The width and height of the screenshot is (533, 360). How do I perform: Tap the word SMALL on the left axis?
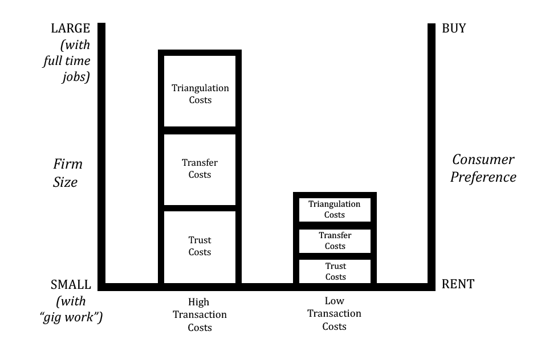tap(71, 284)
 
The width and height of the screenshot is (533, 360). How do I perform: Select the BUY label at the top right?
tap(454, 28)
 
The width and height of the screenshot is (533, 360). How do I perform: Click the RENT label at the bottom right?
tap(457, 284)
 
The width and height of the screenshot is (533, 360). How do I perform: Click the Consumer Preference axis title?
tap(483, 168)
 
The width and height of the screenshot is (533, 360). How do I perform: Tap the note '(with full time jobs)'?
tap(67, 62)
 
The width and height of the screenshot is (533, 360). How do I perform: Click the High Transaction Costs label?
tap(200, 314)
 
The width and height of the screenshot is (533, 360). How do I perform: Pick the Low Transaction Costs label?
tap(334, 313)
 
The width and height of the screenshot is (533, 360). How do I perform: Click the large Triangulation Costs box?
tap(200, 91)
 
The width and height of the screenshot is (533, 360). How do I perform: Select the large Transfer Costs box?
tap(200, 170)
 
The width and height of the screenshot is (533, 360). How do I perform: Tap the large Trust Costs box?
tap(200, 247)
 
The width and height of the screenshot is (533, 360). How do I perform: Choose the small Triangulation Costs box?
tap(335, 210)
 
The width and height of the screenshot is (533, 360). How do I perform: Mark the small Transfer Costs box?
tap(335, 241)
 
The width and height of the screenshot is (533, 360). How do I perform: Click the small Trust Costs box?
tap(335, 271)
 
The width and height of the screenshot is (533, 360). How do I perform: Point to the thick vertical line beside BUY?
tap(432, 154)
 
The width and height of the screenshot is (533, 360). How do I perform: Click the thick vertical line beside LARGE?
tap(101, 154)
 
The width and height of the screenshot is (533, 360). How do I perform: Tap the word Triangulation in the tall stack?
tap(200, 88)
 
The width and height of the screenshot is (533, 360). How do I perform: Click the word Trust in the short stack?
tap(336, 266)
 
